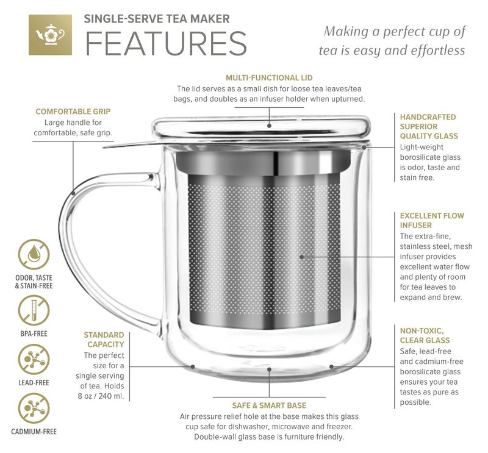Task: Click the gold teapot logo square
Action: (50, 34)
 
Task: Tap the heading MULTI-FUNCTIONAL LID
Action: (268, 78)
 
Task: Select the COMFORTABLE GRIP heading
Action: (73, 112)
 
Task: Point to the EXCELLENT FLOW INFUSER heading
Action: (431, 220)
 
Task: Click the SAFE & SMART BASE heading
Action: (269, 405)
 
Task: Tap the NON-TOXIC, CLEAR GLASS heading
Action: (425, 335)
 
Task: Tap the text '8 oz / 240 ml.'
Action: (101, 397)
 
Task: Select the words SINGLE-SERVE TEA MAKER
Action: (156, 19)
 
